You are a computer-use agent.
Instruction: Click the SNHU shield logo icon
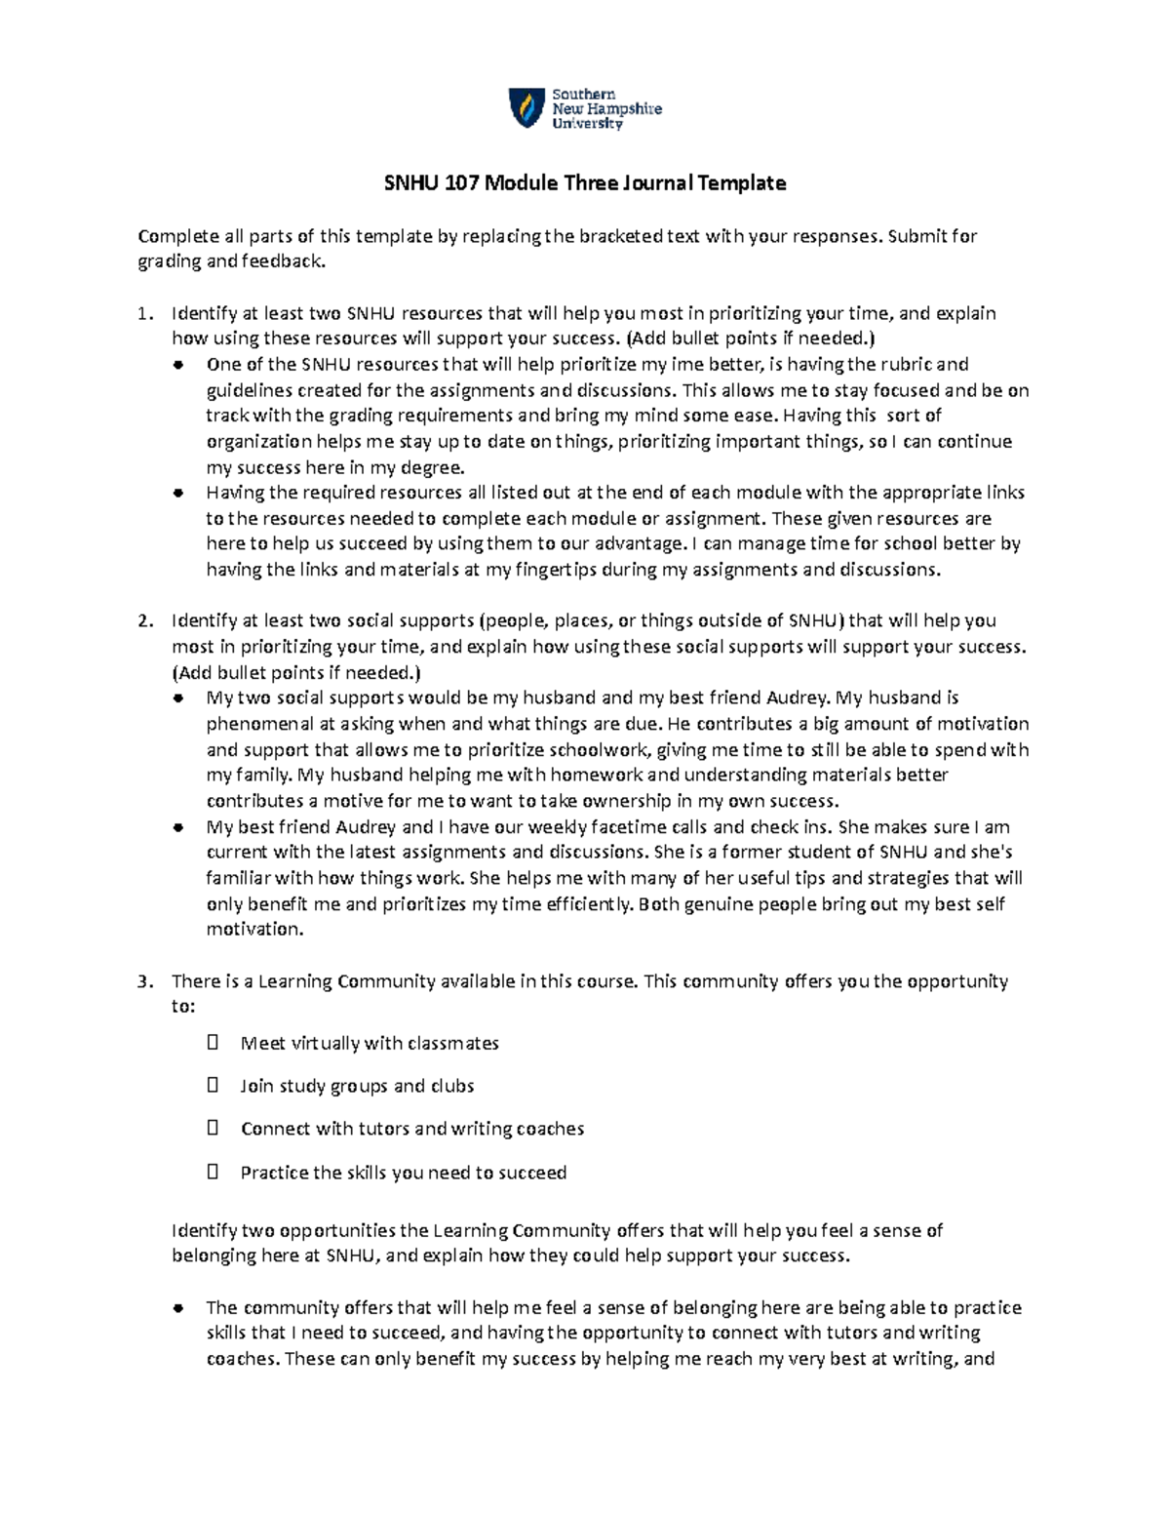[x=526, y=107]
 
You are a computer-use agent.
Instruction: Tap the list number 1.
[x=144, y=313]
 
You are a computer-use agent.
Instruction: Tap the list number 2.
[x=144, y=620]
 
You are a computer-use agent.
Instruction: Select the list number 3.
[x=144, y=981]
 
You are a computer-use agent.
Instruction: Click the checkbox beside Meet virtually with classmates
[x=214, y=1043]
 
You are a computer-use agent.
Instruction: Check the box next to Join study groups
[x=214, y=1085]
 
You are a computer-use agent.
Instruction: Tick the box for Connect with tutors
[x=214, y=1128]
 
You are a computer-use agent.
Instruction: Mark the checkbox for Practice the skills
[x=214, y=1172]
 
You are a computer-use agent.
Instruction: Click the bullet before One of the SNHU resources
[x=178, y=366]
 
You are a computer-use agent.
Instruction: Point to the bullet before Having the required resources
[x=178, y=494]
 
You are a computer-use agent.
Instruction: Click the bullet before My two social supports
[x=178, y=698]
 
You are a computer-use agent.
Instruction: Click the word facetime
[x=627, y=826]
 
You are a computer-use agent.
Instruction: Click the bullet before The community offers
[x=178, y=1308]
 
